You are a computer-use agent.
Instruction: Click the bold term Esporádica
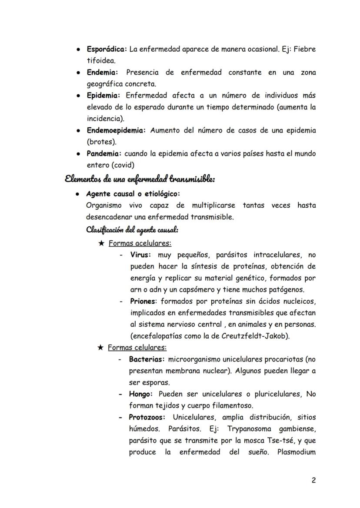pyautogui.click(x=106, y=50)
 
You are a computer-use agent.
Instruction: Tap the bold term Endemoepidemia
pyautogui.click(x=116, y=130)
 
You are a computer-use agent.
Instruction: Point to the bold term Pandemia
pyautogui.click(x=104, y=154)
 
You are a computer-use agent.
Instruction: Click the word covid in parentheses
pyautogui.click(x=123, y=165)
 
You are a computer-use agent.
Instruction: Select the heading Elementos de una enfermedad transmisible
pyautogui.click(x=140, y=179)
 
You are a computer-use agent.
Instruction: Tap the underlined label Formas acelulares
pyautogui.click(x=140, y=243)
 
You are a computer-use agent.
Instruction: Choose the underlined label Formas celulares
pyautogui.click(x=137, y=348)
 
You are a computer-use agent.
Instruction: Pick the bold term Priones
pyautogui.click(x=143, y=301)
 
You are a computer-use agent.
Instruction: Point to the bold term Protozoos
pyautogui.click(x=147, y=418)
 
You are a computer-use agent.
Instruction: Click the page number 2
pyautogui.click(x=313, y=480)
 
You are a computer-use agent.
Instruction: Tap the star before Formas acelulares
pyautogui.click(x=101, y=243)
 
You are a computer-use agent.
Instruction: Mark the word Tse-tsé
pyautogui.click(x=280, y=441)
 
